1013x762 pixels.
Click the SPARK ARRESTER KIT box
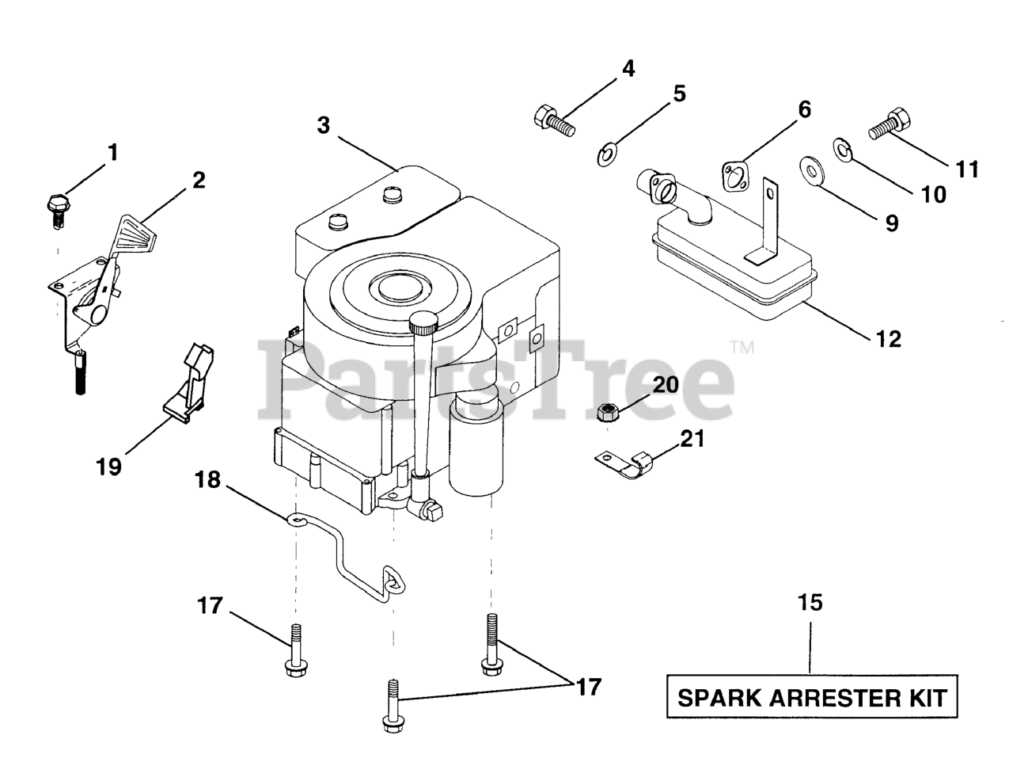point(812,698)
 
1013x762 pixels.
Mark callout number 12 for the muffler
point(889,339)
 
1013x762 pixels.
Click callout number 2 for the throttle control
point(198,180)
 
